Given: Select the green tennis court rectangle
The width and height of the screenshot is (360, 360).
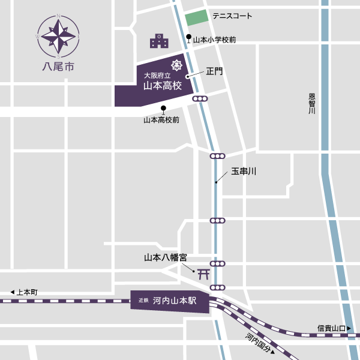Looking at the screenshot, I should pos(196,18).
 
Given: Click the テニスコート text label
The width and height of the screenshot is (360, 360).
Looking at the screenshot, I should pos(232,16).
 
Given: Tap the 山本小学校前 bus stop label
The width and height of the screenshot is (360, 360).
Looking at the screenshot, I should pos(214,40).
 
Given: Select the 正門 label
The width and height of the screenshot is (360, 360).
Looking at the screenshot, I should pos(214,71).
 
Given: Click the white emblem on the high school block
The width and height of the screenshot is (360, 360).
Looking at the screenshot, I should pos(177,65).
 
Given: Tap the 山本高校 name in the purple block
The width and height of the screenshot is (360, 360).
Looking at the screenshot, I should pos(162,86).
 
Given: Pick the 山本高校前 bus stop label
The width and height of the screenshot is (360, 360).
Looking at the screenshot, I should pos(161,120).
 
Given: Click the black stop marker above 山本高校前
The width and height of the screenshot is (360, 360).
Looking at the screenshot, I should pos(163,109).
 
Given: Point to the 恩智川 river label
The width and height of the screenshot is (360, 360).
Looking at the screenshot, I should pos(312,108).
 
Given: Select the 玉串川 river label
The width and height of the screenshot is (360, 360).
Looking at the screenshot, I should pos(244,172).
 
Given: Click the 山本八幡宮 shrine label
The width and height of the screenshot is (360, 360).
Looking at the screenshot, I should pos(165,257).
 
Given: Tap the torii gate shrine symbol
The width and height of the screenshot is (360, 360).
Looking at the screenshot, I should pos(203,274).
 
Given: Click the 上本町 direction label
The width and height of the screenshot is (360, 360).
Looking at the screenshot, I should pos(24,292).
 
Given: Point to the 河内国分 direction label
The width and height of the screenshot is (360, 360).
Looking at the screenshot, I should pos(259,344).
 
